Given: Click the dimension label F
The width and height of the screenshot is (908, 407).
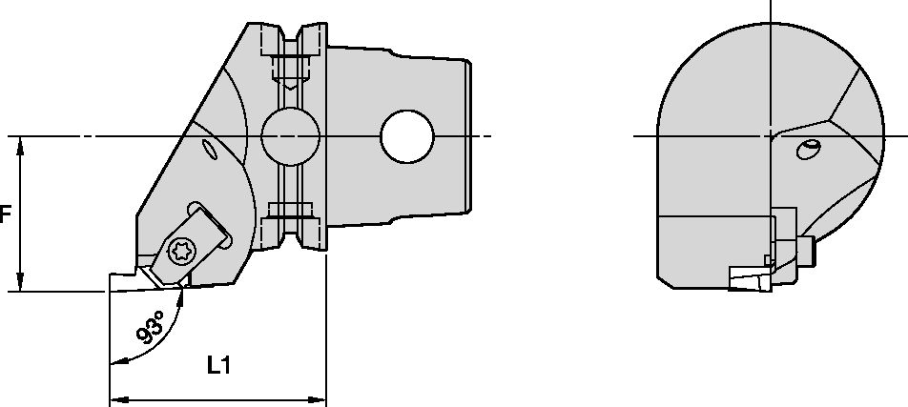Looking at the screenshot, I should (5, 215).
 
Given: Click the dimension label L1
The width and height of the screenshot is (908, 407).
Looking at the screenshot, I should (220, 365).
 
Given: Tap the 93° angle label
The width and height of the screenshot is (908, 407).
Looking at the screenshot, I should (150, 326).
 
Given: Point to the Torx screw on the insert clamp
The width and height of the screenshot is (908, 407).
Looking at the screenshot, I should (177, 253).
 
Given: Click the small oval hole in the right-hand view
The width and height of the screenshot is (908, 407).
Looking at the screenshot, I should (809, 149).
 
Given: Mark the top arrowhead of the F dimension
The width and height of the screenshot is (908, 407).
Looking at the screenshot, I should (20, 144).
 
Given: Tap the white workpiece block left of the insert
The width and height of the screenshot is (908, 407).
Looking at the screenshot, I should (124, 280).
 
